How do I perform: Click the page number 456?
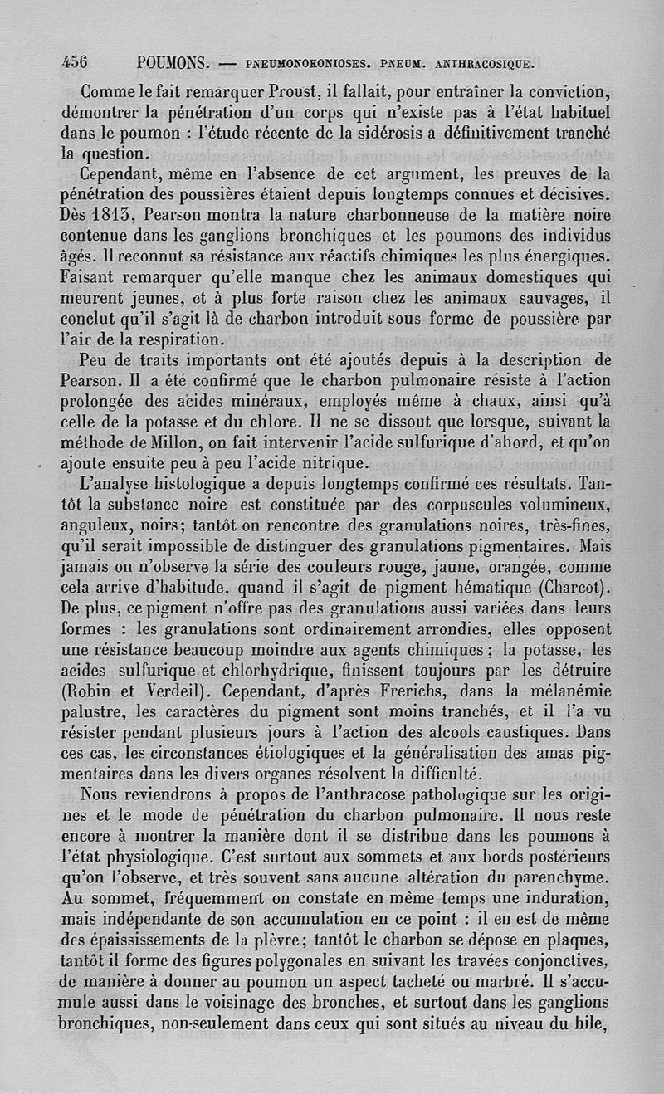pos(76,63)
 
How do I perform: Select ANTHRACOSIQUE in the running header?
pos(479,63)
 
